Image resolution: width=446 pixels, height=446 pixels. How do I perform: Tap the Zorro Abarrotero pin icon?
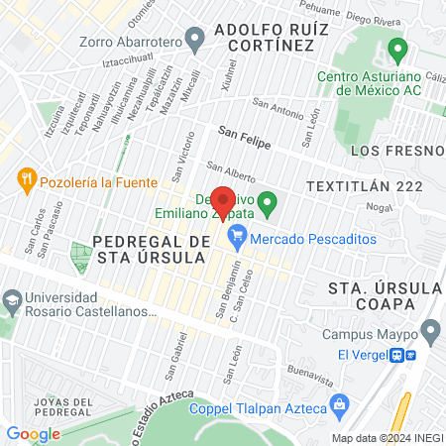pyautogui.click(x=194, y=41)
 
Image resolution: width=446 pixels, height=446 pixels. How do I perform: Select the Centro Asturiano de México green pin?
pyautogui.click(x=399, y=49)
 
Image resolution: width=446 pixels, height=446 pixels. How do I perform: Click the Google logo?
pyautogui.click(x=33, y=434)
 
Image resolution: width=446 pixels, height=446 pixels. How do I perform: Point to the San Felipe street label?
pyautogui.click(x=240, y=132)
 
